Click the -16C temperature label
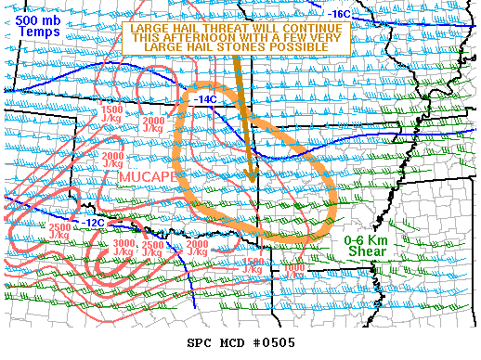(340, 14)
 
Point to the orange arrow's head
(251, 176)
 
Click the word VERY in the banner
(328, 38)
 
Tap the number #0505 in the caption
(274, 343)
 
